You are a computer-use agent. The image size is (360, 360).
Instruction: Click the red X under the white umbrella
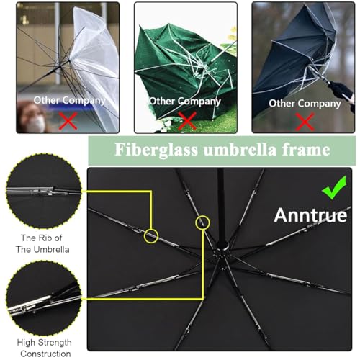[68, 120]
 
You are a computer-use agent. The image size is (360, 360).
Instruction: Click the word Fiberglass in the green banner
[153, 150]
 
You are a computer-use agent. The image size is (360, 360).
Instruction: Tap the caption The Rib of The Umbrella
[45, 244]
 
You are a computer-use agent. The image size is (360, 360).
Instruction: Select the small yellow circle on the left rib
[150, 235]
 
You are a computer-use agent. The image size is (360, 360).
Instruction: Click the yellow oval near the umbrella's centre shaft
[204, 225]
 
